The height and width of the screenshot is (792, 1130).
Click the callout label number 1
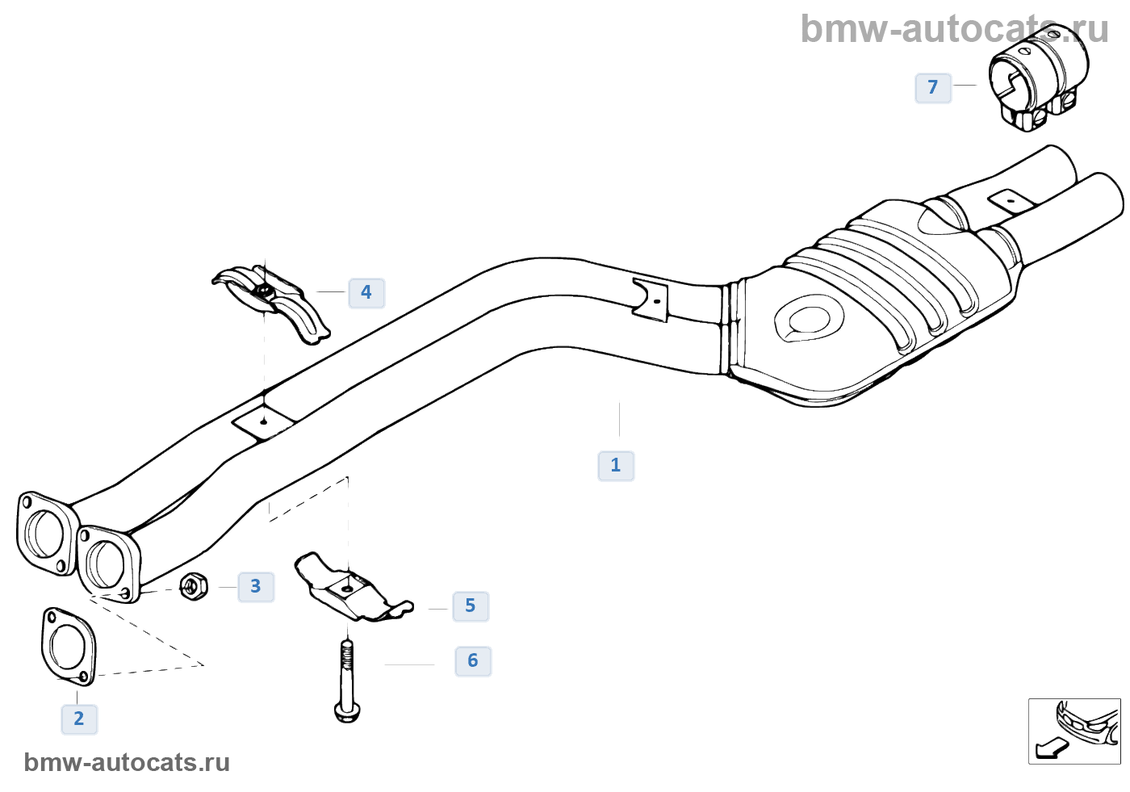[x=616, y=466]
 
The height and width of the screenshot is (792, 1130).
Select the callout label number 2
[x=79, y=719]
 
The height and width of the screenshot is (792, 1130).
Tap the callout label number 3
[x=256, y=587]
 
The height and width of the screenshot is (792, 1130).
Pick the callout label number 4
[x=366, y=292]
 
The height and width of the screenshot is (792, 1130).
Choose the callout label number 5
[x=471, y=606]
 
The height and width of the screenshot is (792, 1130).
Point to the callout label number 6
[x=473, y=661]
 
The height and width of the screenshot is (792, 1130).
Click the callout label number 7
[x=933, y=87]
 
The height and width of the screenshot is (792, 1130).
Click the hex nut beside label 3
[x=193, y=586]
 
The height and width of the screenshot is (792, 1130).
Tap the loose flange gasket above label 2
[x=68, y=646]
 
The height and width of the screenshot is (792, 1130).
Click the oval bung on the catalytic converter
[x=809, y=319]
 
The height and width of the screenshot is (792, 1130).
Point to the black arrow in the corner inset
[x=1052, y=748]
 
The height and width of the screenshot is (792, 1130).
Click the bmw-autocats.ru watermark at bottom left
[x=127, y=763]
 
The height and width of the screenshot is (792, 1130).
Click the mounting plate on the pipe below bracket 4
[x=263, y=421]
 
